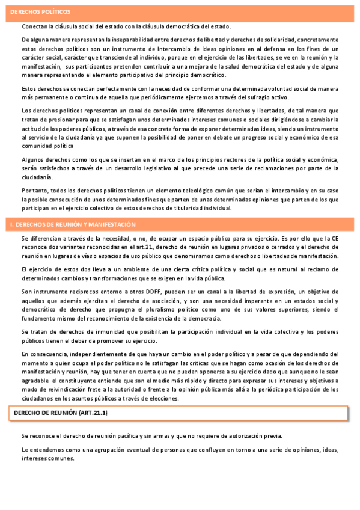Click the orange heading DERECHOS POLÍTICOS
(40, 12)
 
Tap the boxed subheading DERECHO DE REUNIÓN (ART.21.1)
(61, 413)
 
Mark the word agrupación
(99, 449)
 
